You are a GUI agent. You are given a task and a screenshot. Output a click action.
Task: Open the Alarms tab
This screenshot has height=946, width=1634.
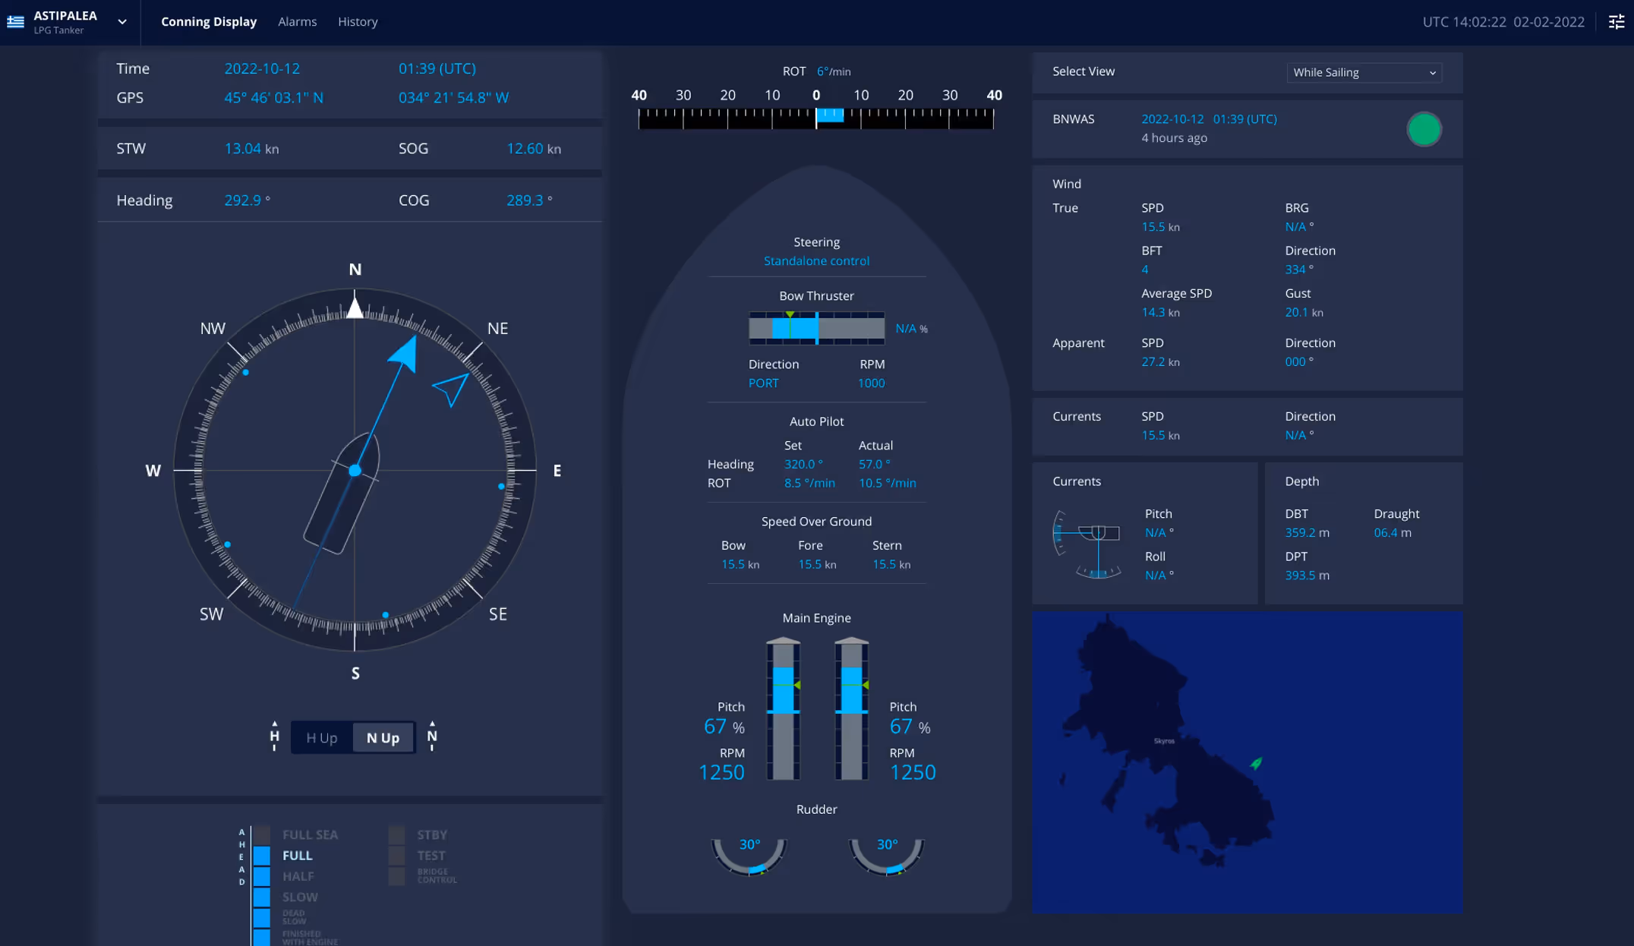pyautogui.click(x=297, y=21)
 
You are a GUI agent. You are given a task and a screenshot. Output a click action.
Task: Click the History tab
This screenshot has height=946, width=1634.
pyautogui.click(x=358, y=21)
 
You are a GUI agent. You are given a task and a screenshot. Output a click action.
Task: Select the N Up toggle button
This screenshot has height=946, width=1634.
pyautogui.click(x=383, y=737)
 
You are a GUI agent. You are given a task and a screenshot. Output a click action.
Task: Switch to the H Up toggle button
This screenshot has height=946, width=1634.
pyautogui.click(x=321, y=737)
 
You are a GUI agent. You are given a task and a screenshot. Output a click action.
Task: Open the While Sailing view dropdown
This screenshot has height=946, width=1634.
pyautogui.click(x=1364, y=72)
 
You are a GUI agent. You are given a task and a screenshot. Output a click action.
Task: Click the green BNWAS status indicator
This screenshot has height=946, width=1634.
pyautogui.click(x=1424, y=129)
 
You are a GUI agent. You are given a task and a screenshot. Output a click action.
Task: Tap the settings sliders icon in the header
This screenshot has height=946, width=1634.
pyautogui.click(x=1617, y=21)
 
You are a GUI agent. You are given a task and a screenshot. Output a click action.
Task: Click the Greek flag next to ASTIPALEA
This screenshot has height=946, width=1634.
pyautogui.click(x=15, y=21)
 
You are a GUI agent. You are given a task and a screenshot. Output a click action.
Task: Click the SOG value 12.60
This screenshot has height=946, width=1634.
pyautogui.click(x=525, y=149)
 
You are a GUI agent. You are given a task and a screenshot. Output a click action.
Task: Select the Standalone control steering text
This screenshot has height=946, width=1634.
pyautogui.click(x=816, y=260)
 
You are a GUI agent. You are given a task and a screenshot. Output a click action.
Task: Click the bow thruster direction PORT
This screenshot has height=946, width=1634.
pyautogui.click(x=763, y=383)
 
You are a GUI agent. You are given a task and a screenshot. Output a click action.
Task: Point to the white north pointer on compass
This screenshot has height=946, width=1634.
pyautogui.click(x=355, y=307)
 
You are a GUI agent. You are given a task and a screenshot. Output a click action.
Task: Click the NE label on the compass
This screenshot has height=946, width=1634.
pyautogui.click(x=497, y=328)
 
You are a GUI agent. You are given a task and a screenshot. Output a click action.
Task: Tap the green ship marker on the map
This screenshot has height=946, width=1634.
pyautogui.click(x=1256, y=763)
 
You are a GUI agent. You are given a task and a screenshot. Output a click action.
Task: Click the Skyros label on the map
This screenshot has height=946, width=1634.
pyautogui.click(x=1164, y=741)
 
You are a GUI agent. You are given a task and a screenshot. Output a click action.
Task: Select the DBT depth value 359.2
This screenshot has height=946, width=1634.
pyautogui.click(x=1300, y=533)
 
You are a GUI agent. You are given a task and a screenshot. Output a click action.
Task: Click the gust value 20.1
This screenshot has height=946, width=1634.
pyautogui.click(x=1296, y=312)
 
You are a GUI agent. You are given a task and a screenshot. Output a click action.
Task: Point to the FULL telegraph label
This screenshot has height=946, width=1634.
pyautogui.click(x=298, y=855)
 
